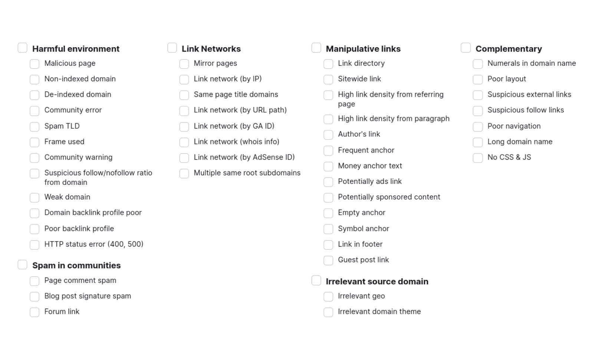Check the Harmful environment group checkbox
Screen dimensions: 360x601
(23, 48)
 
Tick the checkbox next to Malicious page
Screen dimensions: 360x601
(35, 64)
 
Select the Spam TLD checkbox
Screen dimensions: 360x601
(35, 127)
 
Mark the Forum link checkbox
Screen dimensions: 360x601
(35, 312)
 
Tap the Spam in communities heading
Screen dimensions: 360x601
(76, 265)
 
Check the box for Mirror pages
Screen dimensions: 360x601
(184, 64)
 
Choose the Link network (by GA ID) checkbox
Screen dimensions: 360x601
(184, 127)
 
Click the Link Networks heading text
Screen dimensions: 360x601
(211, 49)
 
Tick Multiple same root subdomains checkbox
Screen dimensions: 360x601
(184, 173)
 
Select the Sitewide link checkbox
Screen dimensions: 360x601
(328, 79)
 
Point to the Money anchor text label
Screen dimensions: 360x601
(370, 166)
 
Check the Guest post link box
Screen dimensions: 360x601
(328, 261)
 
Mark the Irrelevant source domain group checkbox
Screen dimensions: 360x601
(316, 281)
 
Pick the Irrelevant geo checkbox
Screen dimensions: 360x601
(328, 297)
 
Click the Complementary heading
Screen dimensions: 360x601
(509, 49)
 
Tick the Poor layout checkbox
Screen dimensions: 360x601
(478, 79)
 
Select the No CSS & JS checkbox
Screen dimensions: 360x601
(478, 158)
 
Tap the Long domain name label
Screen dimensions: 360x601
(520, 142)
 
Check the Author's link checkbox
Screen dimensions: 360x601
(328, 135)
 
